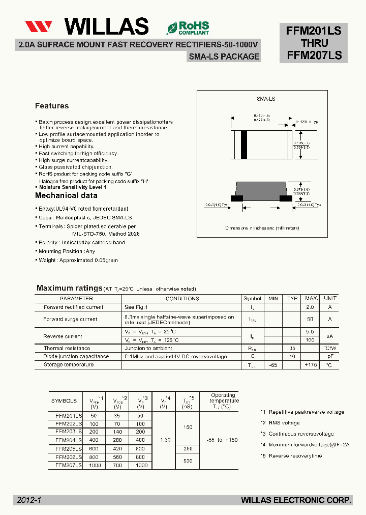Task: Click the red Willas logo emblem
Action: pos(39,27)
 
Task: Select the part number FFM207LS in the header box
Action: pos(314,55)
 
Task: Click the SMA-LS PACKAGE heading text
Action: pos(224,57)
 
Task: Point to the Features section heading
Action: pos(52,106)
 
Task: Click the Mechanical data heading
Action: pos(66,195)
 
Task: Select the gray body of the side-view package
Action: pos(262,190)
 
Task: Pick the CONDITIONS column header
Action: pos(182,299)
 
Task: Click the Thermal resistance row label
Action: pos(67,349)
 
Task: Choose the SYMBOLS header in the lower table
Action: pos(64,401)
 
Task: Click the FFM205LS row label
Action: pos(69,449)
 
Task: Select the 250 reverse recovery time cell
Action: pos(188,449)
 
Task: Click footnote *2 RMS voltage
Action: pos(280,423)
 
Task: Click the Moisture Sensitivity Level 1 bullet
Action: pos(73,187)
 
